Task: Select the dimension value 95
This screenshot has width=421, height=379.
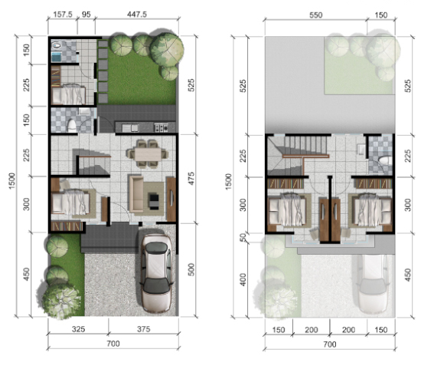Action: (87, 14)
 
